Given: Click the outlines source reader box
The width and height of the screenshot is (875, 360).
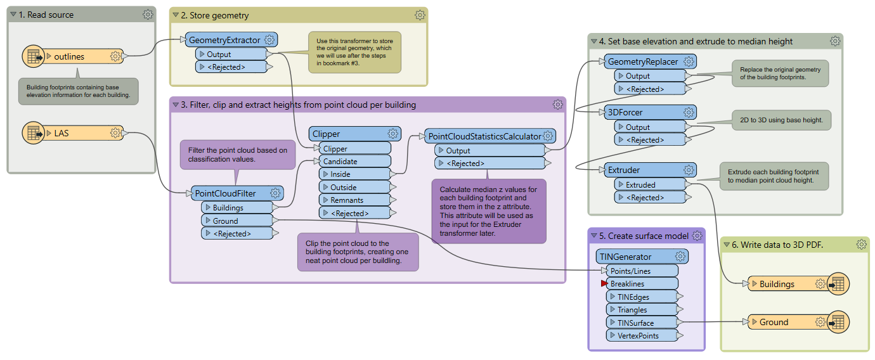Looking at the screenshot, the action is [73, 56].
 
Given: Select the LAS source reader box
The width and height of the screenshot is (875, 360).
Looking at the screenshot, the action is [73, 133].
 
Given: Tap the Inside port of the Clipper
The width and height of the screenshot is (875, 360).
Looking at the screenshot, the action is [354, 174].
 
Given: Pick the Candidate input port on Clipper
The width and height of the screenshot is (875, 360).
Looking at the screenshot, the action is [354, 161].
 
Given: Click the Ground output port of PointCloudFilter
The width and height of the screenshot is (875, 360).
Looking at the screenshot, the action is [237, 221].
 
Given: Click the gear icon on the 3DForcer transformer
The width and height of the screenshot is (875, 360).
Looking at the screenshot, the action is [689, 112].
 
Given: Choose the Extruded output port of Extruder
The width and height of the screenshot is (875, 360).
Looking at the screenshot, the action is [650, 184].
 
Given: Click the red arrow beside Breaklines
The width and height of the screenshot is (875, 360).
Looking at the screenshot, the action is [604, 283].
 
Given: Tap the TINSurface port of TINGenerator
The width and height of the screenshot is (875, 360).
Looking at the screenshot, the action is [642, 323].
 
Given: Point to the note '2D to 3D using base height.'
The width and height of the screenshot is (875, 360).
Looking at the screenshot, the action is [781, 120].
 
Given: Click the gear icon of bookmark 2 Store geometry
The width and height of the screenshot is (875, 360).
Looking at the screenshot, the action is [420, 15].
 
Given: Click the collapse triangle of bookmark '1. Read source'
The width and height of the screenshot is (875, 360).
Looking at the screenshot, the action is [13, 15].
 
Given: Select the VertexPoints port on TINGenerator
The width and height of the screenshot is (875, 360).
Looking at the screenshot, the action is [642, 335].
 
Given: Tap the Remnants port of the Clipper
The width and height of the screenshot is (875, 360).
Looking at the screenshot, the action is [354, 200].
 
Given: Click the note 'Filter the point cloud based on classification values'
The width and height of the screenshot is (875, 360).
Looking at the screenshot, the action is [238, 155].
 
